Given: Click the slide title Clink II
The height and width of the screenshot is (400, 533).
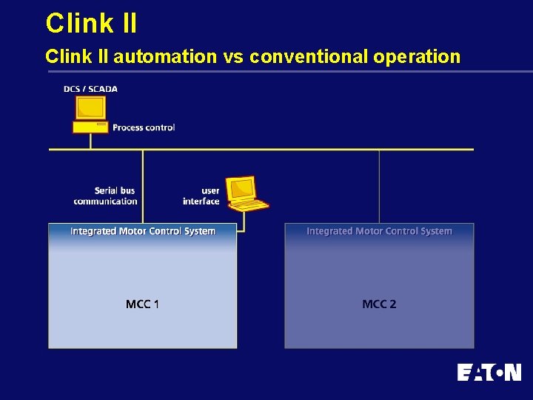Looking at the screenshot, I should tap(91, 23).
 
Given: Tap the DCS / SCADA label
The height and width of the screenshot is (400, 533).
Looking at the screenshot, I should tap(90, 89).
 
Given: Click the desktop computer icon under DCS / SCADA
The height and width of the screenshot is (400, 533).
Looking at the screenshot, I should tap(90, 109).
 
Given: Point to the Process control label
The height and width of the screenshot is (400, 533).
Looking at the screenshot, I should tap(144, 127).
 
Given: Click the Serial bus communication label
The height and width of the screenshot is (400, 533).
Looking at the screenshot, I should tap(105, 196).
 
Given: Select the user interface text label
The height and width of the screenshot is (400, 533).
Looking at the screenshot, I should tap(201, 196).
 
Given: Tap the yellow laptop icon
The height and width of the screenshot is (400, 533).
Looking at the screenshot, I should tap(245, 193).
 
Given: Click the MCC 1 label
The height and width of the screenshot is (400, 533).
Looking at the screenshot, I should tap(142, 304).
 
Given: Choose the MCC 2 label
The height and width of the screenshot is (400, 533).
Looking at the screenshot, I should tap(379, 304).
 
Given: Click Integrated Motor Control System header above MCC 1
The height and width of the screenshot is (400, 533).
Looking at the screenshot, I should tap(143, 231).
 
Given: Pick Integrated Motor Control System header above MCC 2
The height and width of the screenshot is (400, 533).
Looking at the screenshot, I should tap(379, 231).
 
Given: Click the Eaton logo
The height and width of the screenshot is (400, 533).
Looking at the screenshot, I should tap(489, 372).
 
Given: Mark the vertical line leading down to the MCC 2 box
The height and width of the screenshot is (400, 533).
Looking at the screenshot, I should tap(379, 185).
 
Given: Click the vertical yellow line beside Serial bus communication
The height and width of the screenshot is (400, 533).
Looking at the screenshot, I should tap(143, 185).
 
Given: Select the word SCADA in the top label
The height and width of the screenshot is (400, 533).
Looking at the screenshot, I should tap(103, 89).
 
